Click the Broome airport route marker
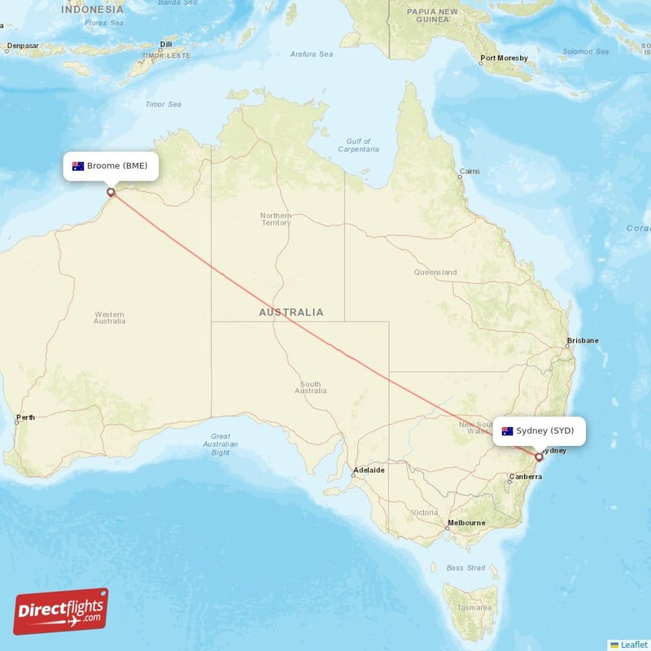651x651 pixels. pos(111,193)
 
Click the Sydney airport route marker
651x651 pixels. pos(539,457)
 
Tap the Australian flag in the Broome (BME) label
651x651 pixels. pos(78,166)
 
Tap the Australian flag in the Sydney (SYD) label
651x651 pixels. pos(507,430)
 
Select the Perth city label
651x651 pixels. pos(25,418)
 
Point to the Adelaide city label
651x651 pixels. pos(368,470)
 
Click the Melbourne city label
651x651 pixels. pos(466,522)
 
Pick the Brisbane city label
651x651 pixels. pos(583,340)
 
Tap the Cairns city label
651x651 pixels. pos(470,172)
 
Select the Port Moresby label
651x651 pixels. pos(504,58)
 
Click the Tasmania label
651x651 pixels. pos(474,607)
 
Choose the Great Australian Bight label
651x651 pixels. pos(221,444)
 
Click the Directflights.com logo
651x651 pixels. pos(61,611)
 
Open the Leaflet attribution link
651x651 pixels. pos(633,644)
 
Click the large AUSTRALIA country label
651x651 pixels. pos(291,312)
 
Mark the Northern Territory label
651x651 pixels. pos(275,219)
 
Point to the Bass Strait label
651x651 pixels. pos(465,567)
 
